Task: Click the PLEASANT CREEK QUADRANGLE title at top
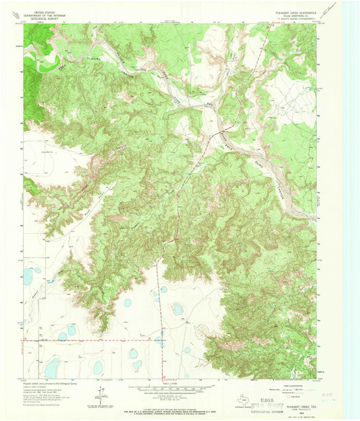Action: pyautogui.click(x=291, y=11)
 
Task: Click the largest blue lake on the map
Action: pyautogui.click(x=51, y=368)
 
